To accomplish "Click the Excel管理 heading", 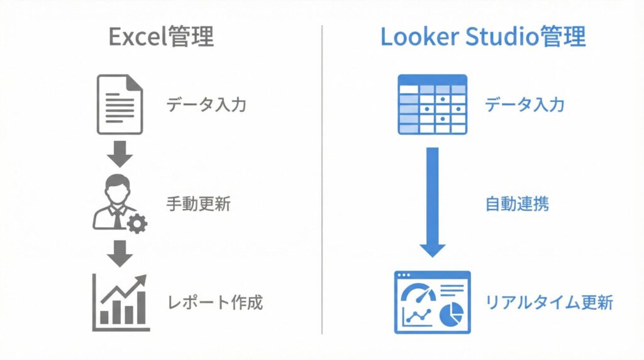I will (161, 38).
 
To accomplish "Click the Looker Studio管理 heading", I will (483, 38).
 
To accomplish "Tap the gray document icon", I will (119, 104).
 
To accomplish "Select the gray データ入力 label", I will (206, 104).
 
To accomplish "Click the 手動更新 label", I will (198, 204).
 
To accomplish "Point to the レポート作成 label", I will (214, 303).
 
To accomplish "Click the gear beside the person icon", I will (136, 224).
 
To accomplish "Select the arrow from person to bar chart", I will (119, 252).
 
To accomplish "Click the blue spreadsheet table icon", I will (432, 104).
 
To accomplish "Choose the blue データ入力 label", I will (524, 104).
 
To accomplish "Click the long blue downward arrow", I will (432, 201).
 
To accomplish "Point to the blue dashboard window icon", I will (432, 303).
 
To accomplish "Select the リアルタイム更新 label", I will (549, 303).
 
